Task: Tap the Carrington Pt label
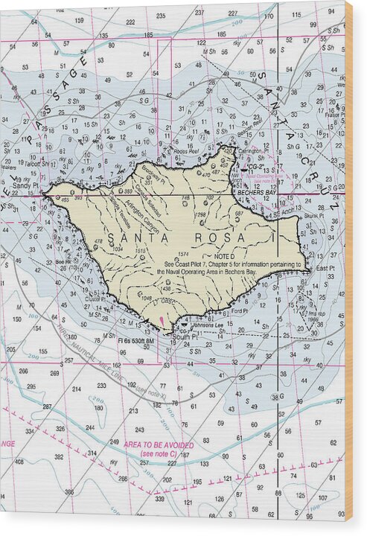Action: [x=255, y=150]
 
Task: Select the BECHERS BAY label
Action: [x=256, y=192]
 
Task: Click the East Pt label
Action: [x=326, y=268]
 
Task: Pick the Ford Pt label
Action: [x=239, y=311]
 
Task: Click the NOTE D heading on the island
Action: [x=223, y=256]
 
